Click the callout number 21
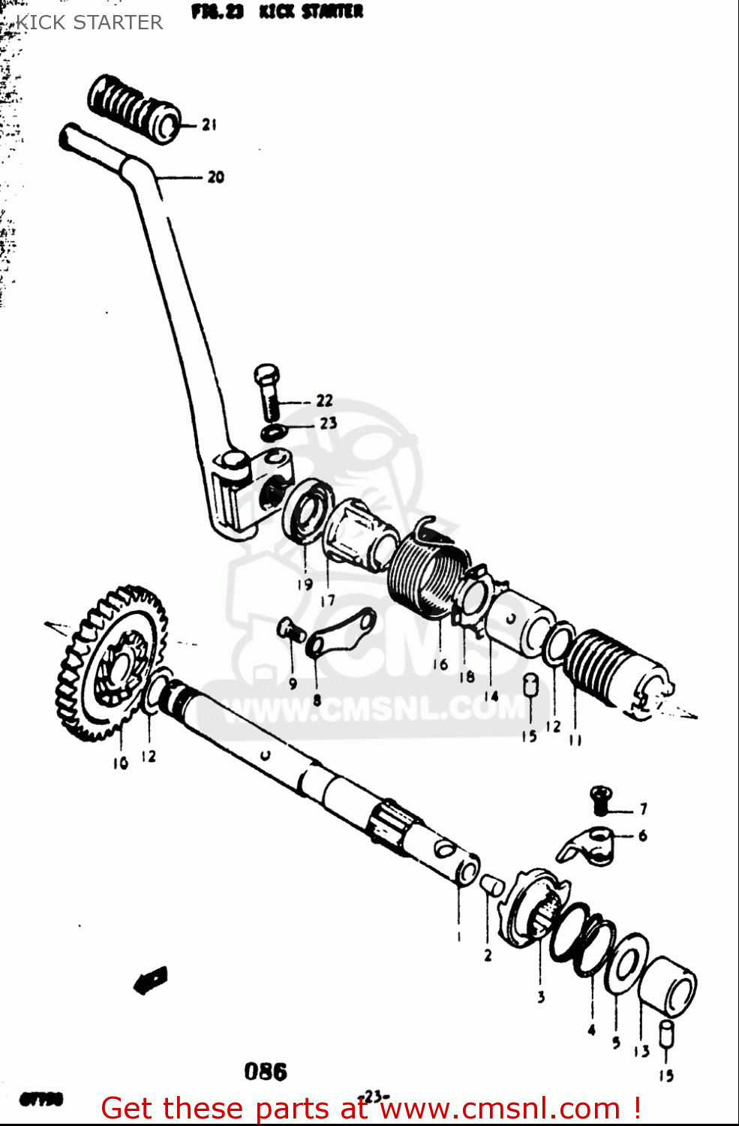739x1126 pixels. [x=209, y=125]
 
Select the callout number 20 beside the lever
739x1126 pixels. [x=215, y=177]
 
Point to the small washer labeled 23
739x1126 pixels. [x=273, y=432]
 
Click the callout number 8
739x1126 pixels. [x=317, y=700]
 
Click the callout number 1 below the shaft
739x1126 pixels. [x=458, y=936]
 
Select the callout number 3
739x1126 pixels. [x=540, y=997]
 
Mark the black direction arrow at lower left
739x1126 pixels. [x=151, y=980]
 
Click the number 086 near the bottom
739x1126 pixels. [x=266, y=1072]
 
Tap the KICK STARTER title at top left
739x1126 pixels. [x=89, y=23]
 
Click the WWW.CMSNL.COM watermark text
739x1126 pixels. [x=375, y=709]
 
